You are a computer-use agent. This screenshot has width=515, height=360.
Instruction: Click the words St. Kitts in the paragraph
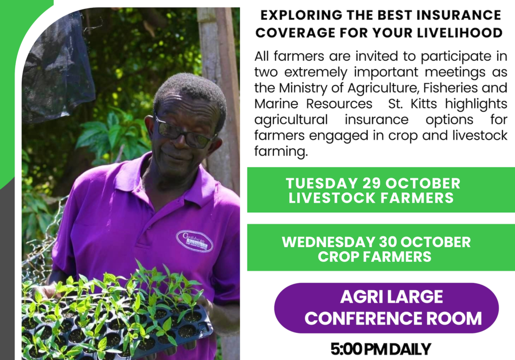pos(407,104)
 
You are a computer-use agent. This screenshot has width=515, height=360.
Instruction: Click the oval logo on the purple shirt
pos(194,241)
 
